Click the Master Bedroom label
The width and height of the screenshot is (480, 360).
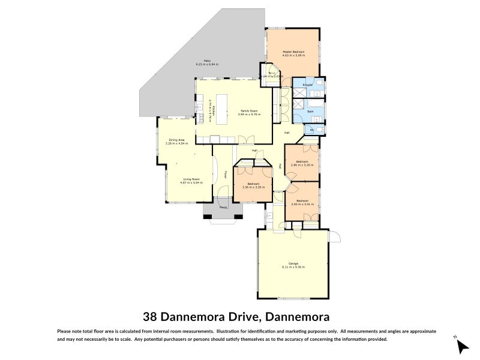pyautogui.click(x=293, y=52)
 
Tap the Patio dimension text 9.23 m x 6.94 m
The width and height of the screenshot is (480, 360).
pyautogui.click(x=207, y=64)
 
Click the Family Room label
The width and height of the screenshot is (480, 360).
pyautogui.click(x=249, y=111)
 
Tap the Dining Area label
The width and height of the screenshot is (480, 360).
pyautogui.click(x=177, y=140)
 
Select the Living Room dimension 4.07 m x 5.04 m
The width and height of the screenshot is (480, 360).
pyautogui.click(x=193, y=182)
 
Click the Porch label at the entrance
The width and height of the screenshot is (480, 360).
pyautogui.click(x=223, y=208)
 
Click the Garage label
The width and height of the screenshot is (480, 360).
pyautogui.click(x=293, y=263)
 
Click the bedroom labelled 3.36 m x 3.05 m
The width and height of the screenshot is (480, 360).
pyautogui.click(x=253, y=185)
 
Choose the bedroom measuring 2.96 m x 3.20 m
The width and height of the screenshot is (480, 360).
pyautogui.click(x=301, y=163)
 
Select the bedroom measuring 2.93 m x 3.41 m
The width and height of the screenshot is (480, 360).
pyautogui.click(x=302, y=202)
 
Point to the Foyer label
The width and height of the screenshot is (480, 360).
pyautogui.click(x=226, y=175)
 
